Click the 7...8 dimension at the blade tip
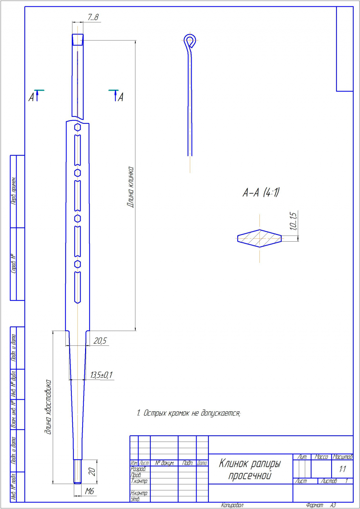click(x=93, y=17)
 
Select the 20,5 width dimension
click(x=100, y=341)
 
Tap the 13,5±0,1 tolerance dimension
click(x=102, y=375)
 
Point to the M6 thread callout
click(x=90, y=491)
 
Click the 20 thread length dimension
click(x=92, y=472)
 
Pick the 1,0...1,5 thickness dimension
click(x=294, y=221)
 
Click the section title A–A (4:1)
click(x=261, y=192)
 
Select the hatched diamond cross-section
click(x=259, y=238)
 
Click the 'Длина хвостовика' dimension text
click(x=49, y=407)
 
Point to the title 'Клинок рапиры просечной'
click(x=250, y=469)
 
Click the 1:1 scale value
click(x=342, y=469)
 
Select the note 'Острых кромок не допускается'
click(x=189, y=413)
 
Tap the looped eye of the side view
click(x=190, y=40)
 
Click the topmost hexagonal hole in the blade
click(x=78, y=127)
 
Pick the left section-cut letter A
click(x=32, y=97)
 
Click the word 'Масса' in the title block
click(x=321, y=457)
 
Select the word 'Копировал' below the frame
click(x=232, y=505)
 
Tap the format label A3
click(x=333, y=505)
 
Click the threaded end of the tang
click(x=77, y=471)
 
